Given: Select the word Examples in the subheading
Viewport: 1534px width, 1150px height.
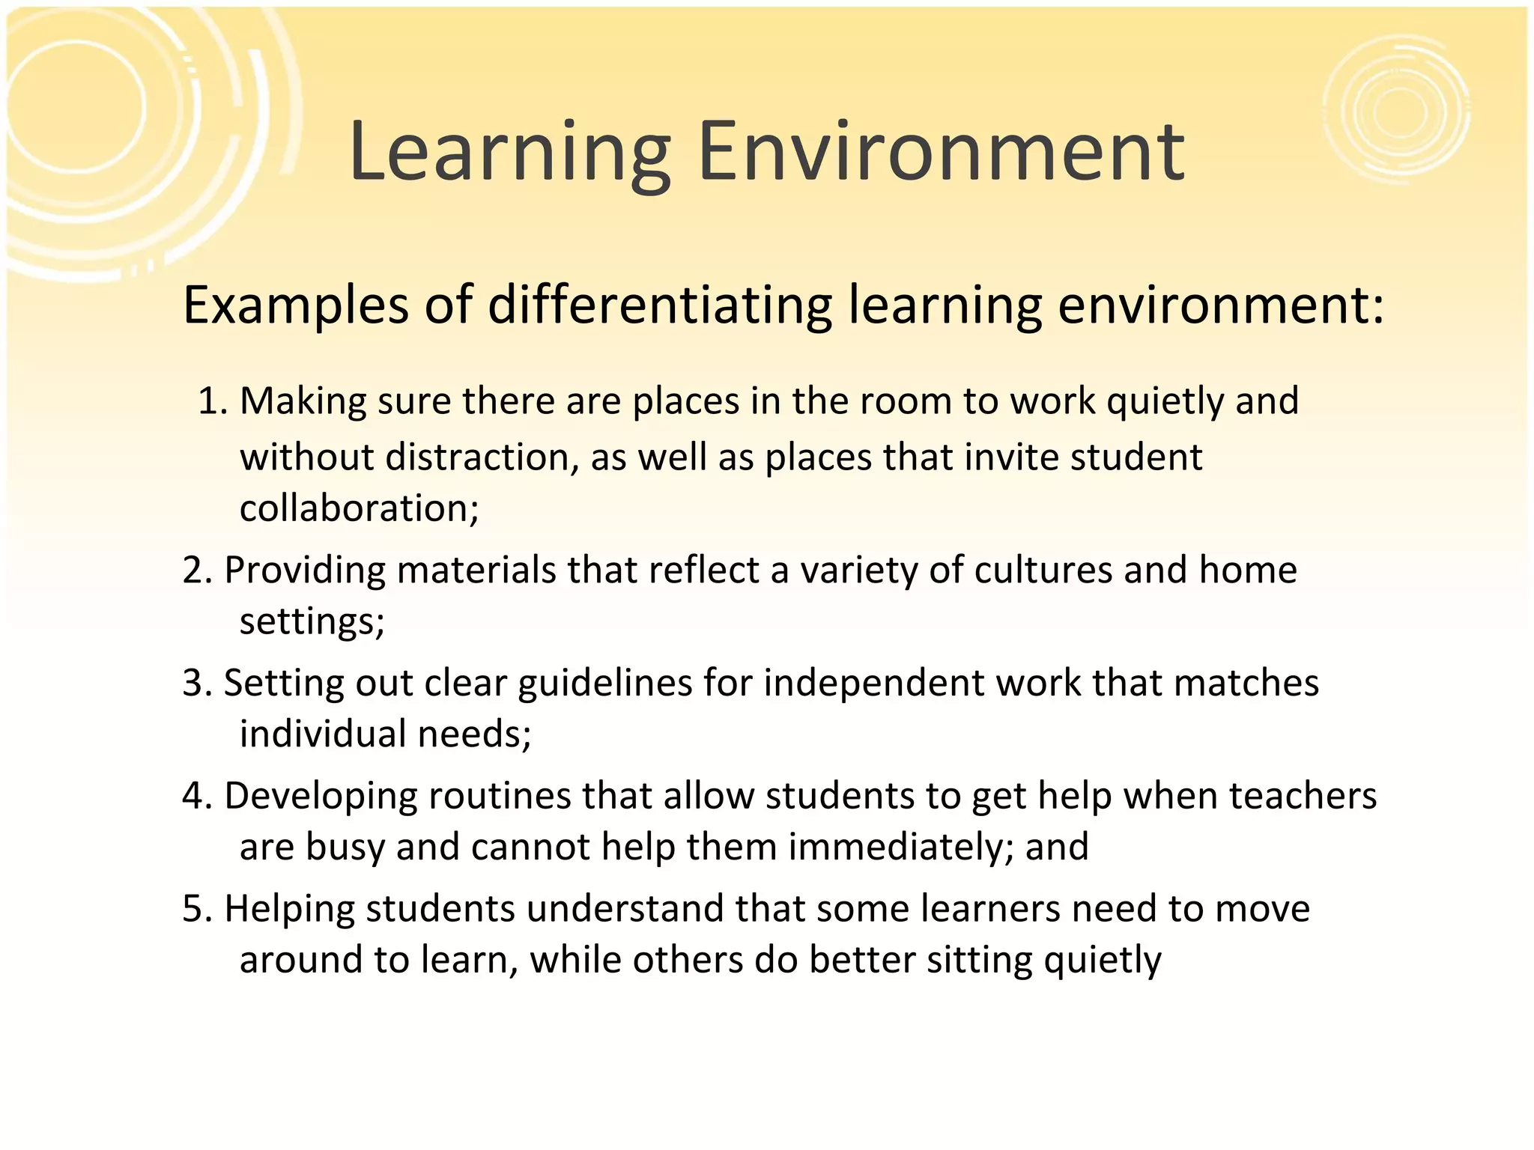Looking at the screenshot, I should click(x=296, y=307).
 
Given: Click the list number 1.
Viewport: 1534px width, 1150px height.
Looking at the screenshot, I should click(x=211, y=401).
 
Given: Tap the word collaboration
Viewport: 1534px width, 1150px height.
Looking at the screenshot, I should click(x=359, y=508).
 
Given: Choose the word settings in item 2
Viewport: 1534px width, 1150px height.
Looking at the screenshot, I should click(x=312, y=621).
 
